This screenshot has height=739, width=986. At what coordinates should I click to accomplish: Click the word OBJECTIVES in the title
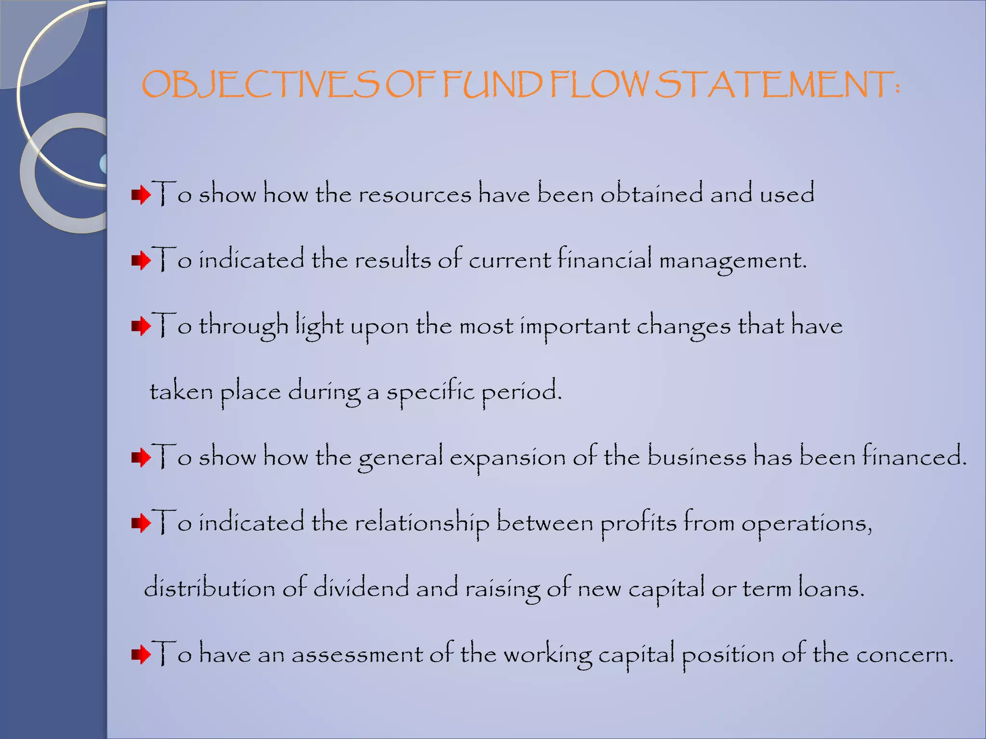pos(260,85)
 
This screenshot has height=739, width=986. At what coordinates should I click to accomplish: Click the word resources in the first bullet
pos(414,195)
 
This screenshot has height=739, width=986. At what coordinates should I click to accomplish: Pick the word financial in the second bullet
pos(605,260)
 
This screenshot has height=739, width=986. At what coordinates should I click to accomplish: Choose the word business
pos(696,457)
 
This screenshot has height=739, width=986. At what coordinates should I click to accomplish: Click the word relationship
pos(422,523)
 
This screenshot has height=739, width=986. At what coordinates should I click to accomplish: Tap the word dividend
pos(361,588)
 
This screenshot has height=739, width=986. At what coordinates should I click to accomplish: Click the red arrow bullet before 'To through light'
pos(141,327)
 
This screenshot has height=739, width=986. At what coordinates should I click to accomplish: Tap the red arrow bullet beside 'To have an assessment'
pos(141,654)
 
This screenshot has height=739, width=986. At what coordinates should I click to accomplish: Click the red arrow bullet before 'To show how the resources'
pos(141,195)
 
